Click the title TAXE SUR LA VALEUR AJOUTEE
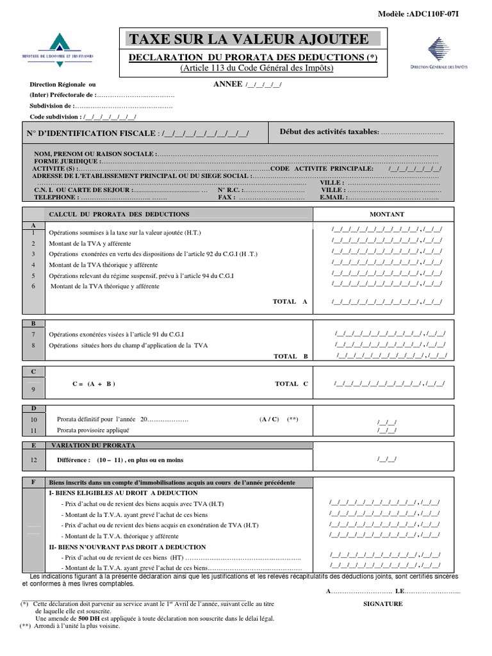coord(249,39)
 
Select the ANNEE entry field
coord(263,85)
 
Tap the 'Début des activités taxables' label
coord(329,131)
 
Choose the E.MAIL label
coord(332,198)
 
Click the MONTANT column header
coord(387,214)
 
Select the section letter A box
coord(33,225)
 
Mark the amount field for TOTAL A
coord(387,301)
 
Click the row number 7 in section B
coord(33,333)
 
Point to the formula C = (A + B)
coord(94,384)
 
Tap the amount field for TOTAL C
coord(389,384)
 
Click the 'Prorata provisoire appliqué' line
coord(94,430)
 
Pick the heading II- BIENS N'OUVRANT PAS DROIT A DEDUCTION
coord(127,547)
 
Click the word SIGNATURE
coord(383,603)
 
